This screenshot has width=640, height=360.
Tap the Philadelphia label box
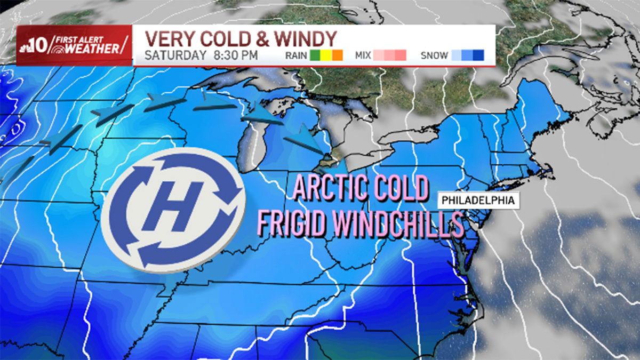(478, 201)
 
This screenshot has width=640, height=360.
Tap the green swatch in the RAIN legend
(315, 55)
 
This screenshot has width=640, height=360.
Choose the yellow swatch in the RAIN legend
(325, 55)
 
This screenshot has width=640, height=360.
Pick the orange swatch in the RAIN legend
(337, 55)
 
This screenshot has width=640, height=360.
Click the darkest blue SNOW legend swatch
(478, 55)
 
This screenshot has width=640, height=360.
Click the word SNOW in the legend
(433, 55)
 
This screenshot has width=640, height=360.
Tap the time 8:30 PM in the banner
(234, 55)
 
